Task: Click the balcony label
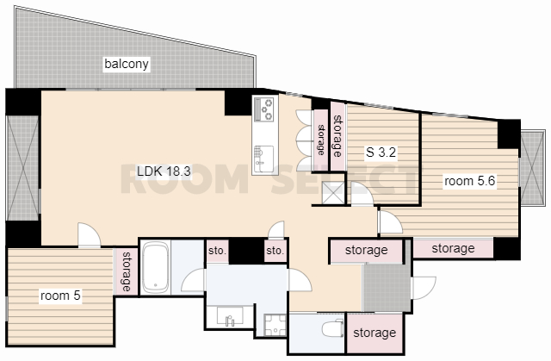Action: tap(127, 64)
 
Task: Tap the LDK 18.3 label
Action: tap(164, 171)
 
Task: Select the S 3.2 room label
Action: tap(381, 152)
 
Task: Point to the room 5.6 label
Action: tap(469, 181)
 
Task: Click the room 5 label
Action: tap(60, 296)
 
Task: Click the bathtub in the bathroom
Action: tap(156, 268)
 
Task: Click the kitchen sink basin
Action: tap(263, 159)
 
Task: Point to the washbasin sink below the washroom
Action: tap(230, 315)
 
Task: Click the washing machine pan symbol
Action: tap(275, 325)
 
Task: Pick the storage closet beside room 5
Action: tap(126, 271)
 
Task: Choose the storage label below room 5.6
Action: tap(453, 248)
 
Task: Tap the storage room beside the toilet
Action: tap(375, 333)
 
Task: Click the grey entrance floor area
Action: tap(387, 288)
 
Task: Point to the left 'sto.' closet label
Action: tap(217, 251)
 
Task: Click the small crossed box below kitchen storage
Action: tap(333, 193)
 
